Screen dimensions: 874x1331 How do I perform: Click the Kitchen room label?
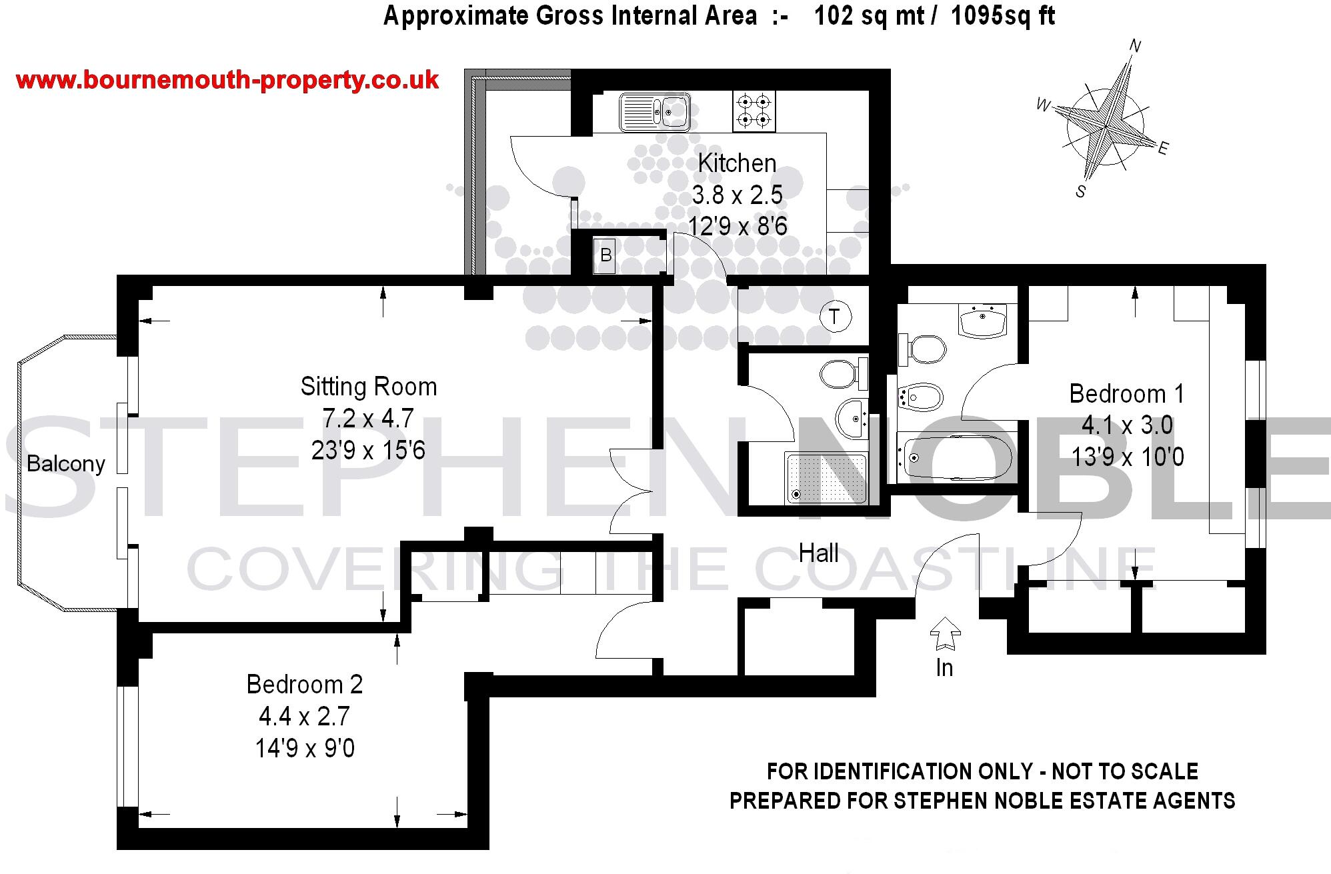pyautogui.click(x=737, y=163)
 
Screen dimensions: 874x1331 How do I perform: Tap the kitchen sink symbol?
pyautogui.click(x=655, y=111)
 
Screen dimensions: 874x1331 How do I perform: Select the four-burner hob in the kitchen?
pyautogui.click(x=754, y=111)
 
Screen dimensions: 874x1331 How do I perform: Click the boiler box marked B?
pyautogui.click(x=605, y=255)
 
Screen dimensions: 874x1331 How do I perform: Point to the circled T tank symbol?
pyautogui.click(x=835, y=316)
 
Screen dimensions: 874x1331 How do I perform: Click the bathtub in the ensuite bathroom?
pyautogui.click(x=954, y=457)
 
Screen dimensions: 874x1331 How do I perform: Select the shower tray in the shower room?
pyautogui.click(x=827, y=478)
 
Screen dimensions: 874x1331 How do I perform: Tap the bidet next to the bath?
pyautogui.click(x=921, y=399)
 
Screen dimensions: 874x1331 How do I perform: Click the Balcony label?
pyautogui.click(x=66, y=463)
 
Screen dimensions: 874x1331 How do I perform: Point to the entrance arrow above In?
pyautogui.click(x=945, y=633)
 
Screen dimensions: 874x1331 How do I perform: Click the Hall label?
pyautogui.click(x=818, y=553)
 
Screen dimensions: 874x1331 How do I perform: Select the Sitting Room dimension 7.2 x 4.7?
pyautogui.click(x=368, y=419)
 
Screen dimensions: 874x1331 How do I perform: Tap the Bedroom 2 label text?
pyautogui.click(x=305, y=685)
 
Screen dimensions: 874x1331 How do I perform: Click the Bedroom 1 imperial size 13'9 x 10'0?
pyautogui.click(x=1128, y=457)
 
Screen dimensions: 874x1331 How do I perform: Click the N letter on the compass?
pyautogui.click(x=1135, y=46)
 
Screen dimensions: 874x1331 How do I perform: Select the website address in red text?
pyautogui.click(x=227, y=81)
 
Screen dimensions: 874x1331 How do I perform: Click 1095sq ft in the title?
pyautogui.click(x=1002, y=15)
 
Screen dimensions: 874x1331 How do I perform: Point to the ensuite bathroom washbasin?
pyautogui.click(x=983, y=321)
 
